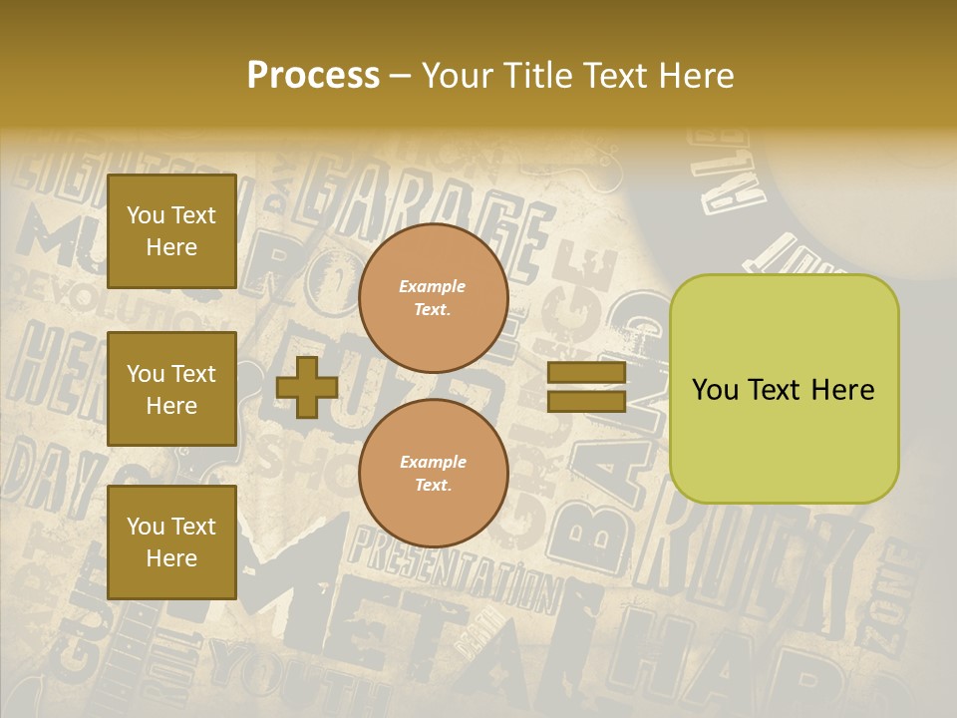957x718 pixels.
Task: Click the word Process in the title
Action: tap(313, 75)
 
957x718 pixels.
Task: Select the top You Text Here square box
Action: tap(171, 231)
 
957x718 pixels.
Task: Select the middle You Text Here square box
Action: tap(171, 389)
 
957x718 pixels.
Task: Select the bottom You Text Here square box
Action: tap(171, 541)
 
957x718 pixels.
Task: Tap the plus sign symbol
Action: tap(307, 387)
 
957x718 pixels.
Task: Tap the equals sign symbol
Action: tap(586, 387)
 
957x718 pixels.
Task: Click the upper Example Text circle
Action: tap(433, 298)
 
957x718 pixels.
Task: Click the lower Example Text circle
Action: tap(433, 474)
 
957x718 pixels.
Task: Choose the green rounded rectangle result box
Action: tap(784, 389)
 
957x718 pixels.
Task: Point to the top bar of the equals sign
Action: tap(586, 373)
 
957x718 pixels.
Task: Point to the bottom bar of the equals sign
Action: tap(586, 401)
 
